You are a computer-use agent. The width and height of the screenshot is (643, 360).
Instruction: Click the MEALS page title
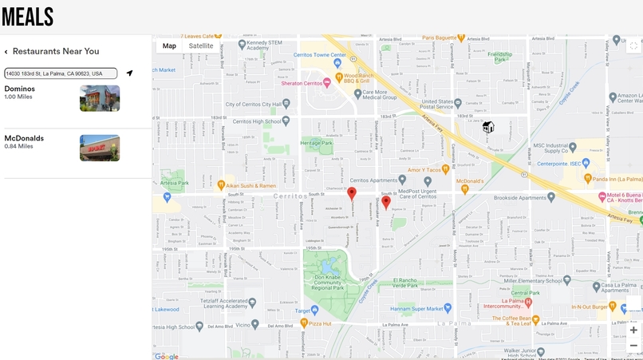(x=28, y=17)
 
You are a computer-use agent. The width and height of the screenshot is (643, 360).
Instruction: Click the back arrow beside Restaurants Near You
(x=6, y=52)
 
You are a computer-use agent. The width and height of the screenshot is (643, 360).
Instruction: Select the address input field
(x=61, y=73)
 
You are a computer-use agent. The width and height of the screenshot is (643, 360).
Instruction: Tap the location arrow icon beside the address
(x=129, y=73)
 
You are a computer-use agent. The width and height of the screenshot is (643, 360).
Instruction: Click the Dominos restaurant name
(x=20, y=89)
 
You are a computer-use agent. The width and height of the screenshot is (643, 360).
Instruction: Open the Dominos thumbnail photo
(x=100, y=98)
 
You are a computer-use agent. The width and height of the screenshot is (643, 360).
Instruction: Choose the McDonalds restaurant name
(x=24, y=138)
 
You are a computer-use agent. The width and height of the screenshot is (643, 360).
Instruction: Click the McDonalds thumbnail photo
(x=100, y=148)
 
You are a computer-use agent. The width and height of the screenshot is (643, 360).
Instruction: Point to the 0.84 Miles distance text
(x=19, y=147)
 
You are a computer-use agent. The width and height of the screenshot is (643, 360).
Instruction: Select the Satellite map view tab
(x=201, y=46)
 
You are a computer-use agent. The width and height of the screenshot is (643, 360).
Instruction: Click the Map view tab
(x=169, y=46)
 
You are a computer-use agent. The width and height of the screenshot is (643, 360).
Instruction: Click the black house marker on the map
(x=488, y=127)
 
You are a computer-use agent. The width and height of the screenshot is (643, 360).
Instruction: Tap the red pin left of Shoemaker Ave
(x=352, y=194)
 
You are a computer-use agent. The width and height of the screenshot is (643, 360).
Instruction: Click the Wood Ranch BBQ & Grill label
(x=359, y=77)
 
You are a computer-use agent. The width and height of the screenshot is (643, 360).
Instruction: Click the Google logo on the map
(x=167, y=356)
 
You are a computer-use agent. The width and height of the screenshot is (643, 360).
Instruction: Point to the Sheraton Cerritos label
(x=302, y=84)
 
